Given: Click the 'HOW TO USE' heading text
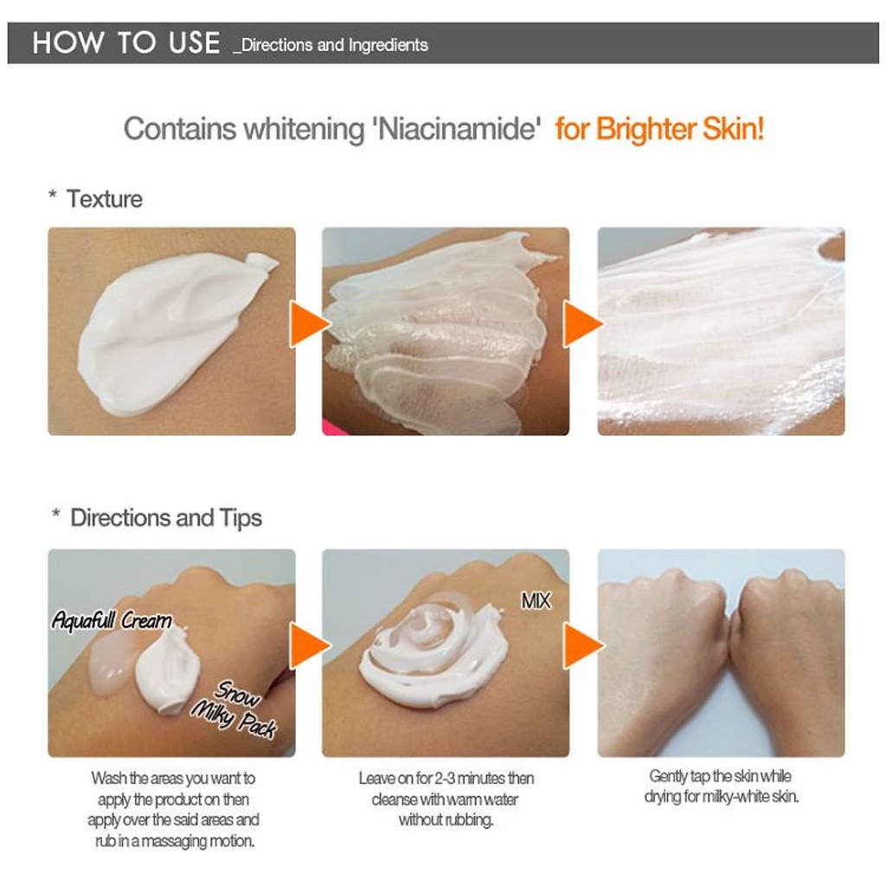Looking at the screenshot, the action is (x=126, y=43).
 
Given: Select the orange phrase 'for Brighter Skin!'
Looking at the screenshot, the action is (x=659, y=129).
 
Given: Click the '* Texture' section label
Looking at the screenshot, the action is (x=95, y=199).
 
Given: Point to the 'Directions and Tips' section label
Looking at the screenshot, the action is (x=166, y=518).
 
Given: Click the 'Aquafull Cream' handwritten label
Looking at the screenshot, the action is (x=112, y=620).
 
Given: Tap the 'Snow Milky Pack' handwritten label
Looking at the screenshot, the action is (x=234, y=709).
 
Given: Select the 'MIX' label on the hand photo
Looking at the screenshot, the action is (x=535, y=600).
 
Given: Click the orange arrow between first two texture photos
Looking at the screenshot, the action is (x=310, y=324).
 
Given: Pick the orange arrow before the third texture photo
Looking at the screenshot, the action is (x=583, y=324).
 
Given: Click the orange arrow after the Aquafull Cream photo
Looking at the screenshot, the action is (x=310, y=645).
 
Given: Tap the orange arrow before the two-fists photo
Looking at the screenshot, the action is (x=583, y=645).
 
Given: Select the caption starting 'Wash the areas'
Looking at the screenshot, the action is (x=173, y=810).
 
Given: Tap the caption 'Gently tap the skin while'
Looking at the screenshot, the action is (x=721, y=776).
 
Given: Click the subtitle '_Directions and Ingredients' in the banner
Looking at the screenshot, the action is (x=331, y=45).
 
